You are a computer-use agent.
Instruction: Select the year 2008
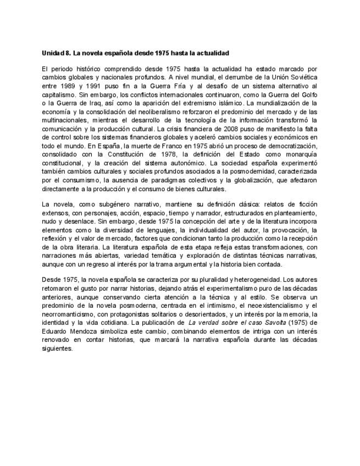pos(238,128)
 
